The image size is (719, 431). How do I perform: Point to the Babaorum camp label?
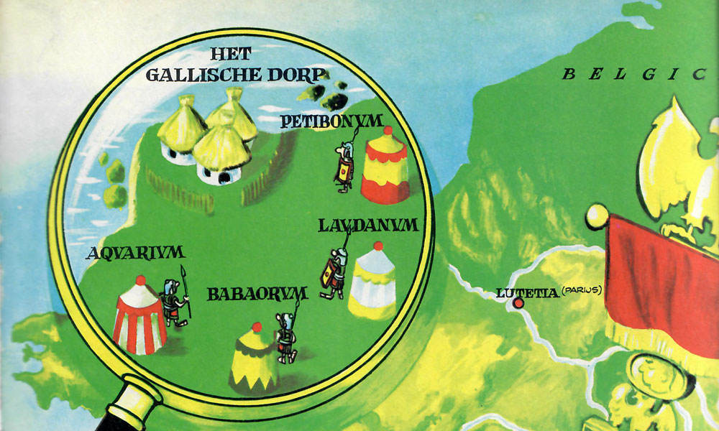pos(257,293)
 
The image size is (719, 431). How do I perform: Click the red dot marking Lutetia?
pos(518,304)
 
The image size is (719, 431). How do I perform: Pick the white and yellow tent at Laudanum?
pos(372,282)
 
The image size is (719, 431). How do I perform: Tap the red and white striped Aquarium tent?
pos(139,315)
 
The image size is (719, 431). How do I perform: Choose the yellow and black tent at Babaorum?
pos(253,356)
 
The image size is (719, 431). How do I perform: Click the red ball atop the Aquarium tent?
pos(141,279)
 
